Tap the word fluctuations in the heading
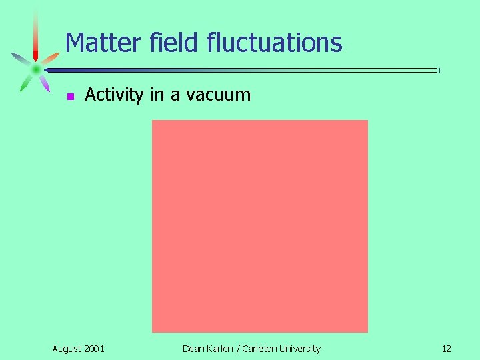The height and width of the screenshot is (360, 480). pyautogui.click(x=275, y=43)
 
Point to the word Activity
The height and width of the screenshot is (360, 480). pyautogui.click(x=114, y=95)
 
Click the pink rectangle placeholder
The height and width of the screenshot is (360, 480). pyautogui.click(x=259, y=225)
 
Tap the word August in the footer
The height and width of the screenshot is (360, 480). pyautogui.click(x=67, y=349)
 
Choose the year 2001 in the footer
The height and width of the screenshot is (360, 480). pyautogui.click(x=94, y=349)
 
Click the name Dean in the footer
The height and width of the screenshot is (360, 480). pyautogui.click(x=194, y=349)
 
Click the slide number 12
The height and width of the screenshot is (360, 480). pyautogui.click(x=446, y=349)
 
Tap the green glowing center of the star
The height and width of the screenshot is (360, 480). pyautogui.click(x=35, y=69)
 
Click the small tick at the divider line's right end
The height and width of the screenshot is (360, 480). pyautogui.click(x=439, y=70)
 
